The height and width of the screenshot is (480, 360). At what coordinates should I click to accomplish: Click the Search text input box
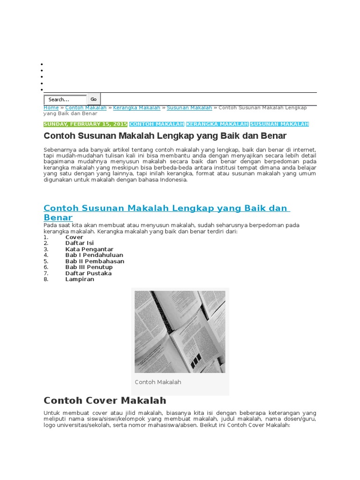coord(65,99)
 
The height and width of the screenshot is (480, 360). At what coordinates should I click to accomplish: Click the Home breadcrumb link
coord(51,108)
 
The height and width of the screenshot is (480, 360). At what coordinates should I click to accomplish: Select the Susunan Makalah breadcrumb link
coord(189,108)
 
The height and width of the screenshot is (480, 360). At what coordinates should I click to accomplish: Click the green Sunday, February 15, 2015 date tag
coord(85,124)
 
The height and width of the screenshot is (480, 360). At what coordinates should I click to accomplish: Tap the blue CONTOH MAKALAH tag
coord(157,124)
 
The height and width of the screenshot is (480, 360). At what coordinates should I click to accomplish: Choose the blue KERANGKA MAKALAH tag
coord(217,124)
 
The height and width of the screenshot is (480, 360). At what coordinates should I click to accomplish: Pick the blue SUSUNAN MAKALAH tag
coord(279,124)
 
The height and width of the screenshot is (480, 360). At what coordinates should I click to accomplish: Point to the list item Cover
coord(74,238)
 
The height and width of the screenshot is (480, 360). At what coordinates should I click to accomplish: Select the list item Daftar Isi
coord(80,243)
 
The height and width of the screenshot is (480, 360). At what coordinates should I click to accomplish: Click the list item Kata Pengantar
coord(89,249)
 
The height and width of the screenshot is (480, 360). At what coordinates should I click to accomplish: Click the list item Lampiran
coord(80,279)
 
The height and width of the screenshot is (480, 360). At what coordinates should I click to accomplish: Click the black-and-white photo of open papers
coord(180,331)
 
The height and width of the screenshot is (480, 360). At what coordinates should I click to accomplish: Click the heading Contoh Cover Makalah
coord(105,400)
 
